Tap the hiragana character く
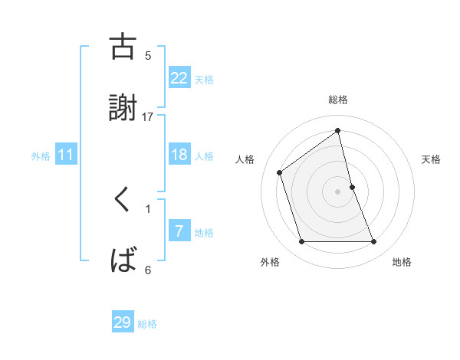click(123, 201)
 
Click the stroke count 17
click(148, 116)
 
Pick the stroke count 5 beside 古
click(148, 55)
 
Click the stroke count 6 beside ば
click(148, 270)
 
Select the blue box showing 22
click(179, 78)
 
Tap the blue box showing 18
click(179, 155)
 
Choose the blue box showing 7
click(179, 231)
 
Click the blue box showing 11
click(66, 155)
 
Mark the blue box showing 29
click(123, 322)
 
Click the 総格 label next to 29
click(147, 324)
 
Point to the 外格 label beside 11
click(41, 156)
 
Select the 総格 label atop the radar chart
click(338, 100)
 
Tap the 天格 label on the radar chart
click(432, 159)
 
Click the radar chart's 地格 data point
click(374, 242)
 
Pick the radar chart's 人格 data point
click(280, 172)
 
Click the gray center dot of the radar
click(338, 191)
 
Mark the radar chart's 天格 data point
click(352, 187)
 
